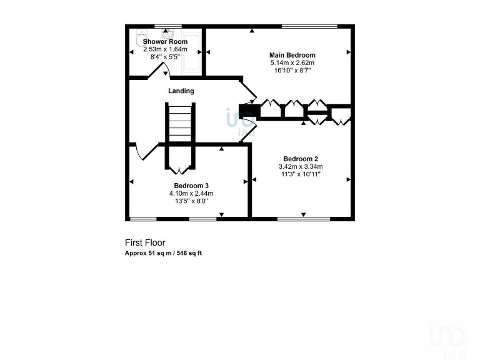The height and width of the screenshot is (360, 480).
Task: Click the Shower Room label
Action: (165, 41)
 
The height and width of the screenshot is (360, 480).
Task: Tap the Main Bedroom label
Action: (292, 55)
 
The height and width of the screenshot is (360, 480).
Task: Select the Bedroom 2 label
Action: (300, 159)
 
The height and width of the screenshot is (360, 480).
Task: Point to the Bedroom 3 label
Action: (191, 186)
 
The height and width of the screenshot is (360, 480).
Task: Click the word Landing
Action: (181, 91)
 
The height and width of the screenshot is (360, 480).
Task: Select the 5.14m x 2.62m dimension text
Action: (292, 63)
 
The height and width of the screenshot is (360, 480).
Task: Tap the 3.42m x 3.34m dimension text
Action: (300, 167)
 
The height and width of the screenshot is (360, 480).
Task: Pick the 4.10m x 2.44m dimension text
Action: (191, 194)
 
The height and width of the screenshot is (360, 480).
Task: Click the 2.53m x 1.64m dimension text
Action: (165, 49)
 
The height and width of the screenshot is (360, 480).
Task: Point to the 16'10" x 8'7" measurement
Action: (292, 71)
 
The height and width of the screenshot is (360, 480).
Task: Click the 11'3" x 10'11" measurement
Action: (300, 174)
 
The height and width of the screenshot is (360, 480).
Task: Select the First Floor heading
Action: (145, 242)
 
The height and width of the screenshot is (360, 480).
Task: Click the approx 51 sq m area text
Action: (163, 253)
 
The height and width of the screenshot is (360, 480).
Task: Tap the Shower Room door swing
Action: (159, 69)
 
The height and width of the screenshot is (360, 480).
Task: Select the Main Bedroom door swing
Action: (248, 91)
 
